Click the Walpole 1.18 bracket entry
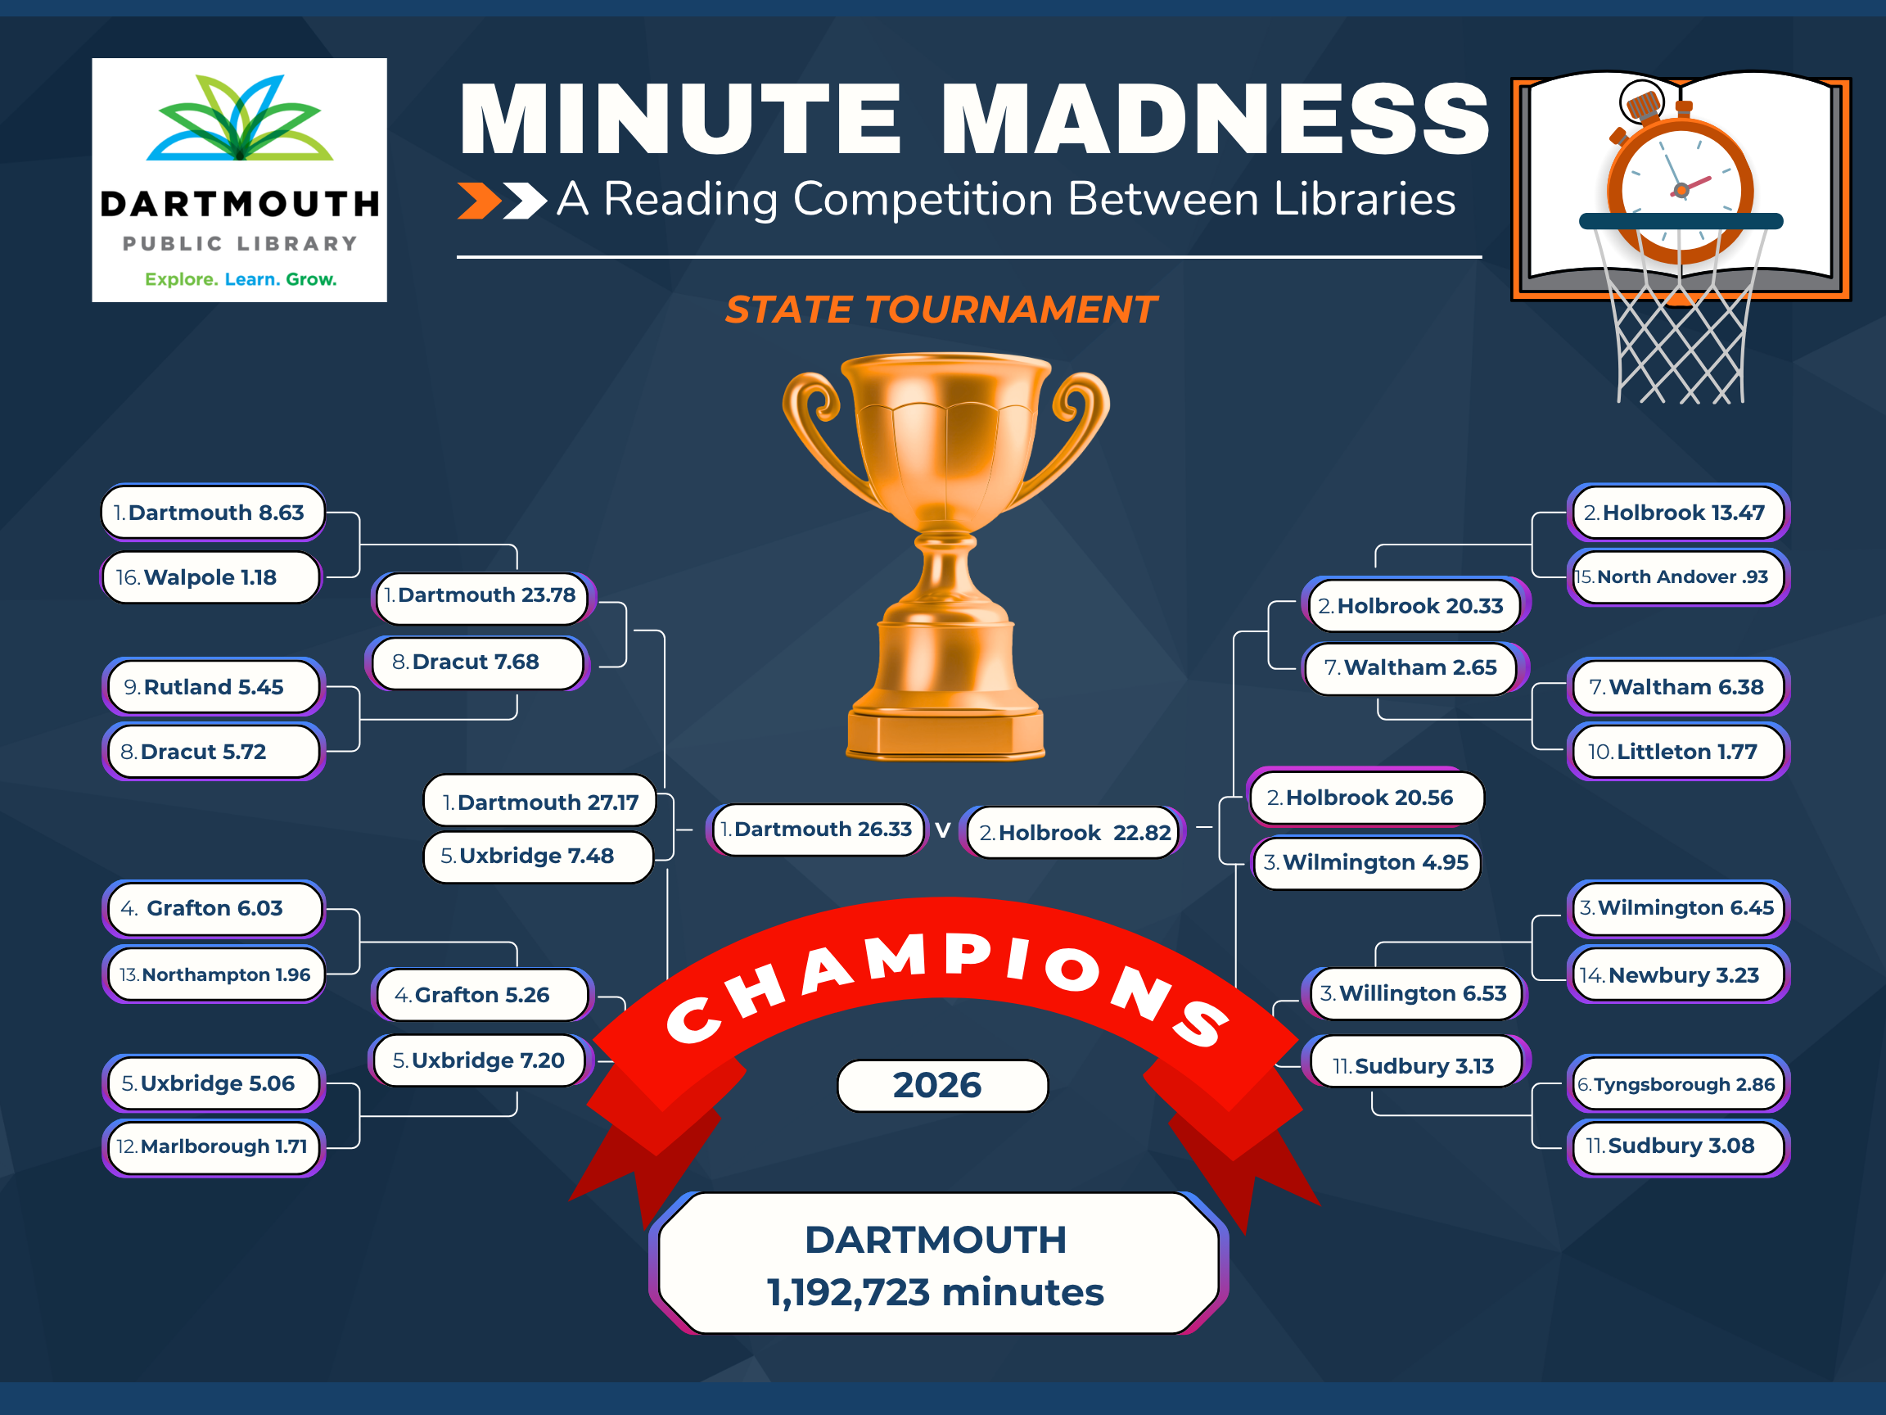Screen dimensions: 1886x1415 coord(211,577)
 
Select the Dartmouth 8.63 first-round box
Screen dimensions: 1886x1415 coord(213,513)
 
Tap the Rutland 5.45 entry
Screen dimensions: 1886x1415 coord(213,686)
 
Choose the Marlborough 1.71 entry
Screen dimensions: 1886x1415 coord(213,1146)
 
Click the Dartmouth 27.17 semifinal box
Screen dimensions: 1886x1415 coord(539,802)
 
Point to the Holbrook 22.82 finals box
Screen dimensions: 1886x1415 coord(1073,833)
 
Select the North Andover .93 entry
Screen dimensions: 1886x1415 coord(1678,577)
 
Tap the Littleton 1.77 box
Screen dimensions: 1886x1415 coord(1678,752)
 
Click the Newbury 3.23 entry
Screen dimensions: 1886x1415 coord(1678,975)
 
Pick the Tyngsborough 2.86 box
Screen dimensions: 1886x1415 coord(1678,1084)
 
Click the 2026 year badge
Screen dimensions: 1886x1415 coord(942,1086)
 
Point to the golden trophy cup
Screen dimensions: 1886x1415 coord(946,554)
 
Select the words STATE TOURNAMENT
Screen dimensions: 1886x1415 coord(941,310)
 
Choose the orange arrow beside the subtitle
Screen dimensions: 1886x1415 coord(479,201)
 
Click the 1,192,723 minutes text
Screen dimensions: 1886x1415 coord(936,1292)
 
